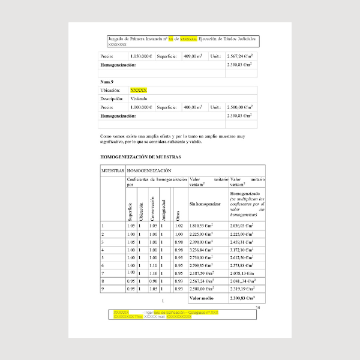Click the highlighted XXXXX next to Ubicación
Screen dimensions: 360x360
coord(139,89)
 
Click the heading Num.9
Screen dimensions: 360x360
coord(107,80)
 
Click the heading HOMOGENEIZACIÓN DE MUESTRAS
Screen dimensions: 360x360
coord(140,157)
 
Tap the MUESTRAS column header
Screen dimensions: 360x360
coord(112,171)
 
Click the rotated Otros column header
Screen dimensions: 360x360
coord(177,214)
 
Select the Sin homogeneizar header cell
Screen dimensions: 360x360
coord(204,204)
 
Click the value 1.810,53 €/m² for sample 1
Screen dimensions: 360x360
coord(202,226)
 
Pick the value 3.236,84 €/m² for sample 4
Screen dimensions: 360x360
coord(202,249)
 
